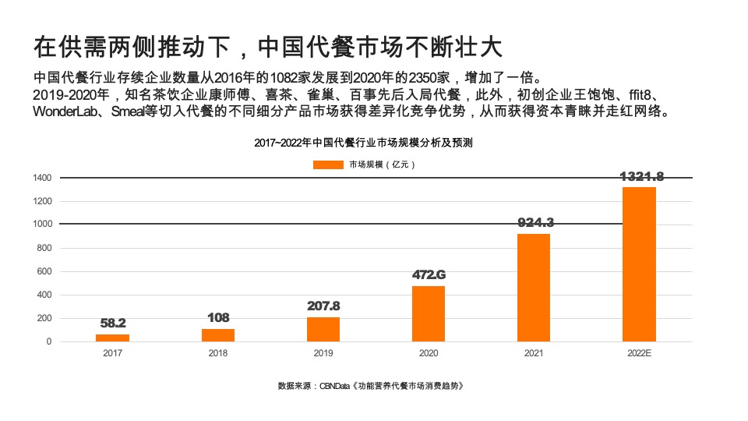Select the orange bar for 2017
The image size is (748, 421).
coord(112,338)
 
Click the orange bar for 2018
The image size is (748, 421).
coord(218,335)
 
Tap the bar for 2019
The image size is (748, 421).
coord(323,329)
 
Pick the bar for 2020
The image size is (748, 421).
coord(429,313)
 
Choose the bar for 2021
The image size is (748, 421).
coord(534,288)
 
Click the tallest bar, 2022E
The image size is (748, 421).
coord(639,264)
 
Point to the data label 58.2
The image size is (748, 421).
coord(113,323)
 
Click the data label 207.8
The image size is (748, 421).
coord(323,306)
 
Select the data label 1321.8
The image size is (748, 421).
coord(642,176)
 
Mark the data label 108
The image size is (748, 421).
coord(218,317)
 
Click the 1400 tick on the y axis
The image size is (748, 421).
coord(42,179)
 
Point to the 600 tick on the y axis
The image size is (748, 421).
coord(45,272)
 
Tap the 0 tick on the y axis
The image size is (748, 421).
coord(48,341)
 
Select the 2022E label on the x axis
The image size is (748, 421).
coord(639,353)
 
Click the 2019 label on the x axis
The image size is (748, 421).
coord(323,353)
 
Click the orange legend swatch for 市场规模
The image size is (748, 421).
coord(328,165)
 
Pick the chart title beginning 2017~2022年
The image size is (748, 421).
coord(363,143)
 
